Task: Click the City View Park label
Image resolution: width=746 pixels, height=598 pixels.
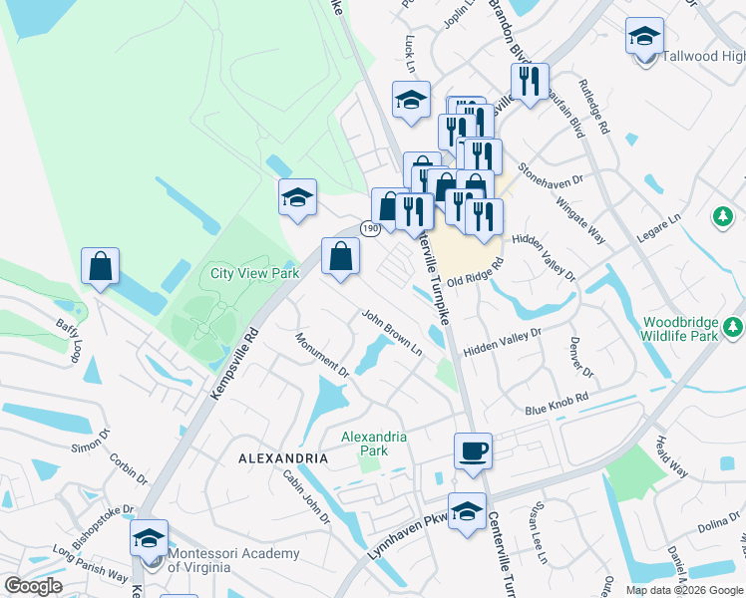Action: [255, 273]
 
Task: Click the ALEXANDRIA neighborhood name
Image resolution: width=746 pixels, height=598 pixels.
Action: [283, 458]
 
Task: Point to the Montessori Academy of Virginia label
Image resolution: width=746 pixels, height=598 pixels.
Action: [233, 560]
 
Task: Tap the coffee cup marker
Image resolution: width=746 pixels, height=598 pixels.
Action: [473, 450]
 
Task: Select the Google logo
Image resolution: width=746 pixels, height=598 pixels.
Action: [33, 586]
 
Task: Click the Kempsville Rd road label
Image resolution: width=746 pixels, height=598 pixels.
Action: [235, 364]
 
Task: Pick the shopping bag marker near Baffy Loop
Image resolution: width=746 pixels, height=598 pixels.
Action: [100, 266]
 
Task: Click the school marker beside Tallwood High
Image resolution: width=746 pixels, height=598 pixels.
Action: [644, 37]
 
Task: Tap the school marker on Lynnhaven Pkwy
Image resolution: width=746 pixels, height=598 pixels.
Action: [467, 510]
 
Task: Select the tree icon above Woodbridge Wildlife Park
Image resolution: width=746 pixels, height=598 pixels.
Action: [721, 216]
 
